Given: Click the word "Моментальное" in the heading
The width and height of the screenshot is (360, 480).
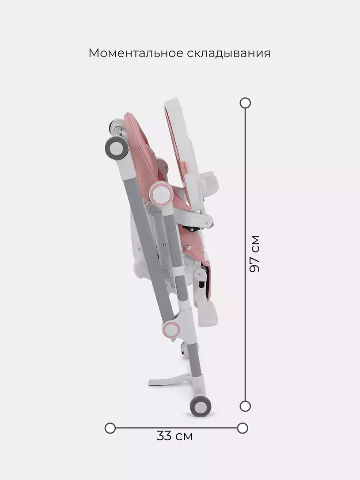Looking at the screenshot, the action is coord(136,53).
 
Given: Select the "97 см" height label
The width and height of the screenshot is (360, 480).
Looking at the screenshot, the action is coord(254,254).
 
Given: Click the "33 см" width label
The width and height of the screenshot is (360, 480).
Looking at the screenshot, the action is coord(174,436).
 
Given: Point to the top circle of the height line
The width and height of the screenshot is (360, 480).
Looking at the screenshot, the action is coord(245,103).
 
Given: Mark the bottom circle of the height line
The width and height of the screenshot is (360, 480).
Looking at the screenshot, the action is coord(245,406).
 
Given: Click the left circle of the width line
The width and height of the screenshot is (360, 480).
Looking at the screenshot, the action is coord(110,428).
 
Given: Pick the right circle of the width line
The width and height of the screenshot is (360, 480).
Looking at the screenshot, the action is coord(243,428).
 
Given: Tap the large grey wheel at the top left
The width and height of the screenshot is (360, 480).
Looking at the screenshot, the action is coord(117,148).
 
